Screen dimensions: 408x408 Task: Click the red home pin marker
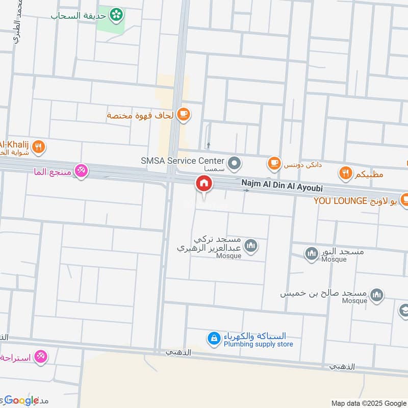click(x=204, y=184)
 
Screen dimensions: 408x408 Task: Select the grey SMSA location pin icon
click(x=234, y=163)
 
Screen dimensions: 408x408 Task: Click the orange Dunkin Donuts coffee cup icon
click(x=274, y=163)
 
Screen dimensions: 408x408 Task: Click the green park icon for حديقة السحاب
click(x=118, y=14)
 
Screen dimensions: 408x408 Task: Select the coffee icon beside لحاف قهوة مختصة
click(x=184, y=115)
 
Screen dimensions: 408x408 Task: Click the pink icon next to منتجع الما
click(x=81, y=170)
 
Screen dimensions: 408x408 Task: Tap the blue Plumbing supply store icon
click(x=213, y=338)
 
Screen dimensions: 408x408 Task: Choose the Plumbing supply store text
click(x=259, y=344)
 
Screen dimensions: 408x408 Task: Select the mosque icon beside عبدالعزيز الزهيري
click(x=250, y=246)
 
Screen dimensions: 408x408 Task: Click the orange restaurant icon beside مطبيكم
click(x=346, y=173)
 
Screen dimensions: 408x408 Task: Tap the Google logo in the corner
click(x=21, y=400)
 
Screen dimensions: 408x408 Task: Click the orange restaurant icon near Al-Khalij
click(x=38, y=148)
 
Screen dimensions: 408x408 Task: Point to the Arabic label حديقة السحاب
click(x=79, y=16)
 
